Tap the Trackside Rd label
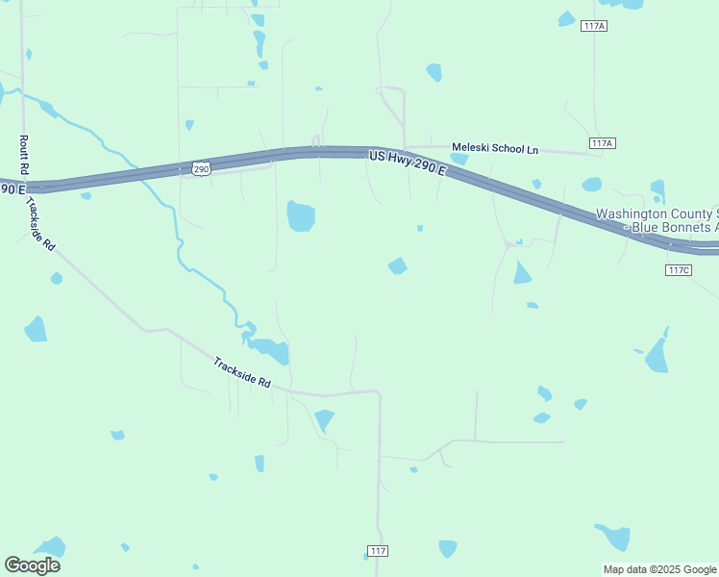242,374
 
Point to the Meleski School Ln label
496,148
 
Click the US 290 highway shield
200,168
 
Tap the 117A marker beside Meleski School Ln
602,143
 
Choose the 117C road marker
678,269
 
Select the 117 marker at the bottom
378,551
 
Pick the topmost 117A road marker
594,25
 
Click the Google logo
32,565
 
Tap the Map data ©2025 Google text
659,569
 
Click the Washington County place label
657,213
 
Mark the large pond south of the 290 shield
301,216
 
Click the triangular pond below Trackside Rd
324,420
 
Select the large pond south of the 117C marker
658,352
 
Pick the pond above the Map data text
613,536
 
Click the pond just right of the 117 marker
448,548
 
